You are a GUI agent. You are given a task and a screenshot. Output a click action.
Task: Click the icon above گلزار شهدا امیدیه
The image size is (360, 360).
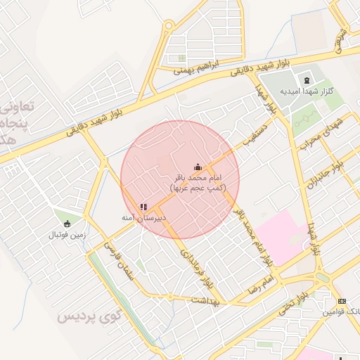[x=307, y=79]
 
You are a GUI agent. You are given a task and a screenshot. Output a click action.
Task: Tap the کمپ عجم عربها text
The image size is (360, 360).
[x=198, y=188]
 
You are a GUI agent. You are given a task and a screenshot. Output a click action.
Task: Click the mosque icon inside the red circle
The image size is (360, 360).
[x=198, y=167]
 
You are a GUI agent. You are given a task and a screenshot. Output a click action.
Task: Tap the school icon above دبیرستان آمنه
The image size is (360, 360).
[x=143, y=207]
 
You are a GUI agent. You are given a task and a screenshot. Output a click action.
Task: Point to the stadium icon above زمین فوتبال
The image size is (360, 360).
[x=67, y=221]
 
